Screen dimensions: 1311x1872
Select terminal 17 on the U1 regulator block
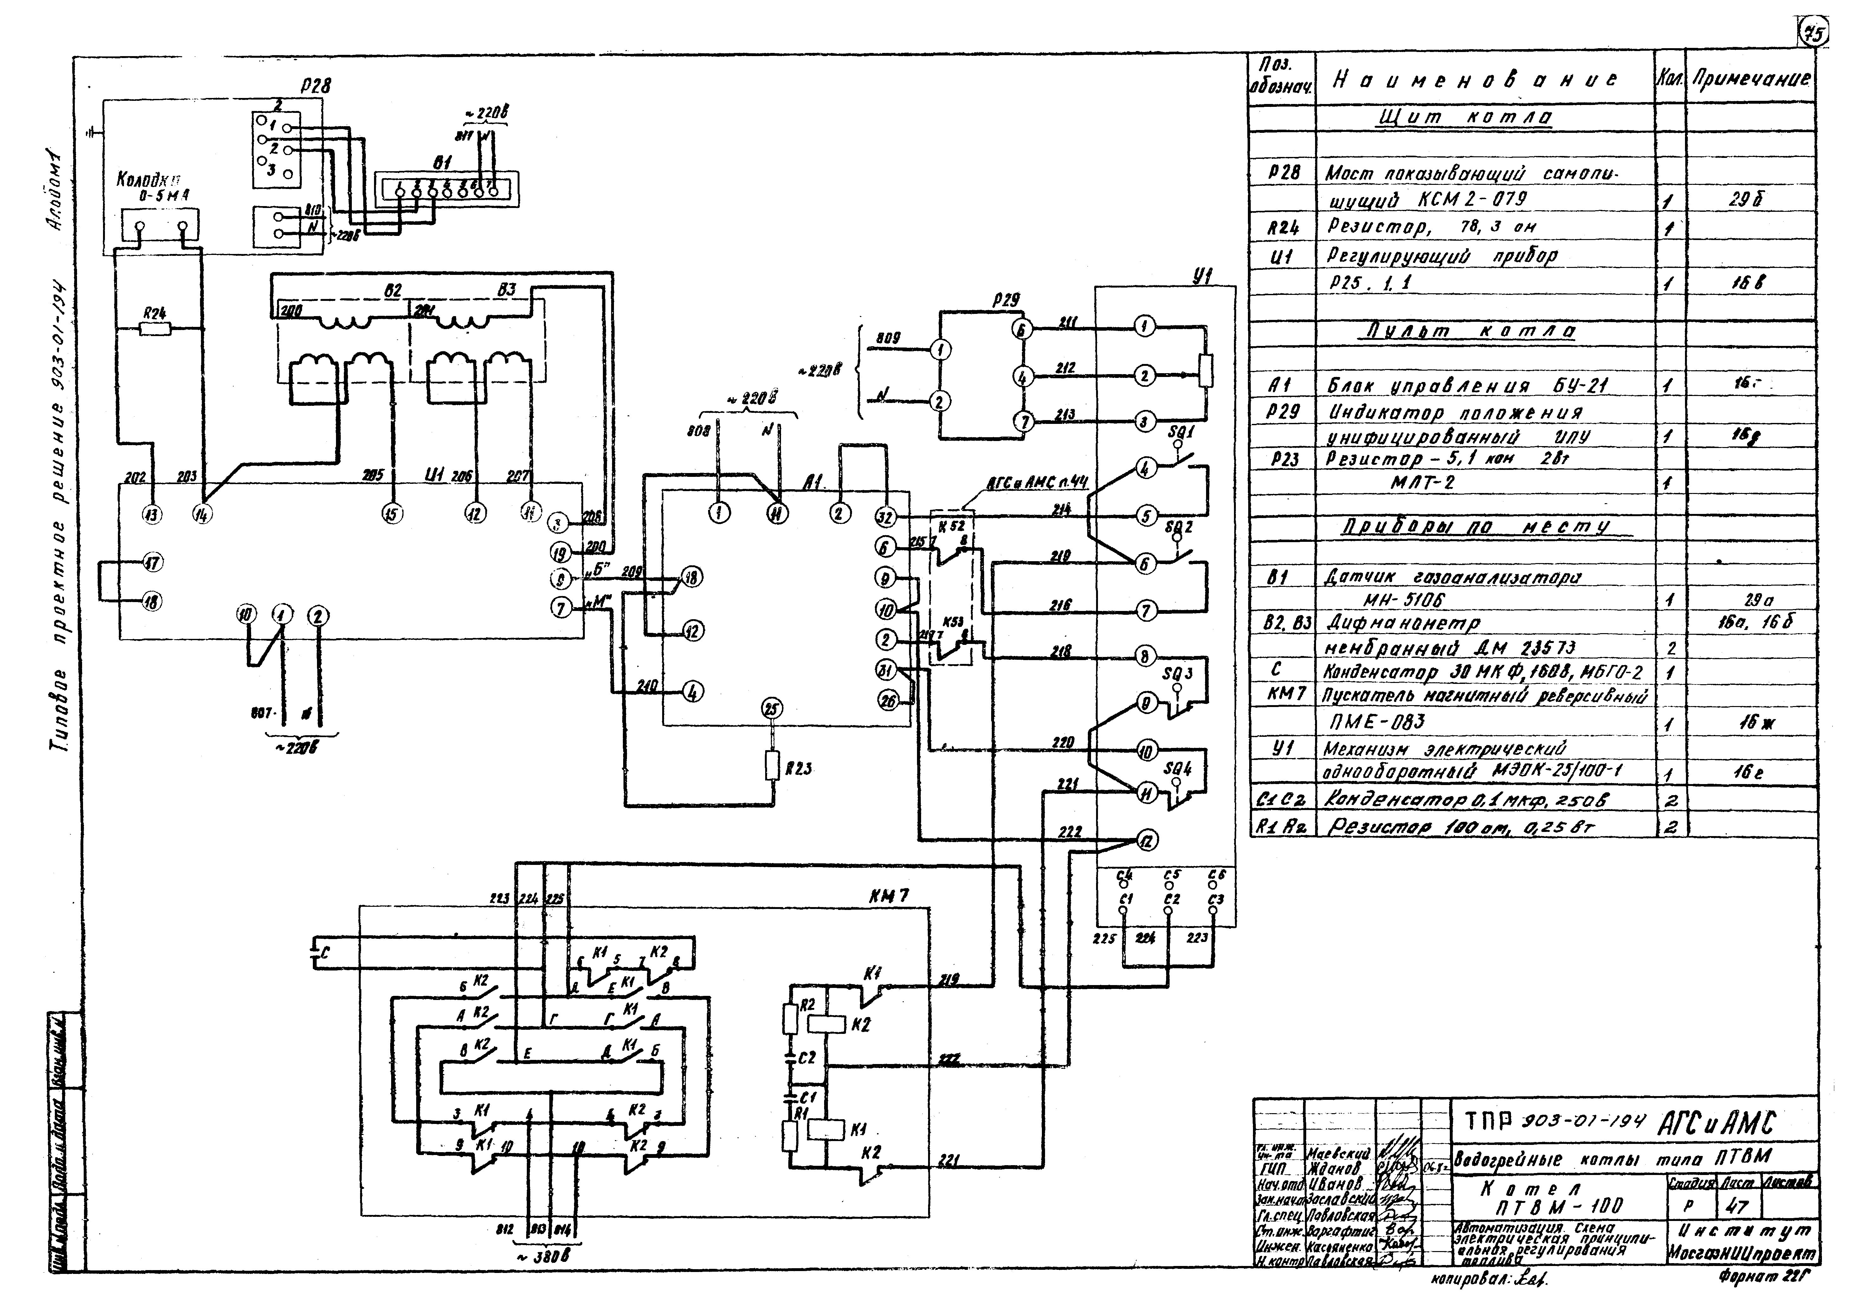152,562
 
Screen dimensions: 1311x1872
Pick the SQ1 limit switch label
1181,432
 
